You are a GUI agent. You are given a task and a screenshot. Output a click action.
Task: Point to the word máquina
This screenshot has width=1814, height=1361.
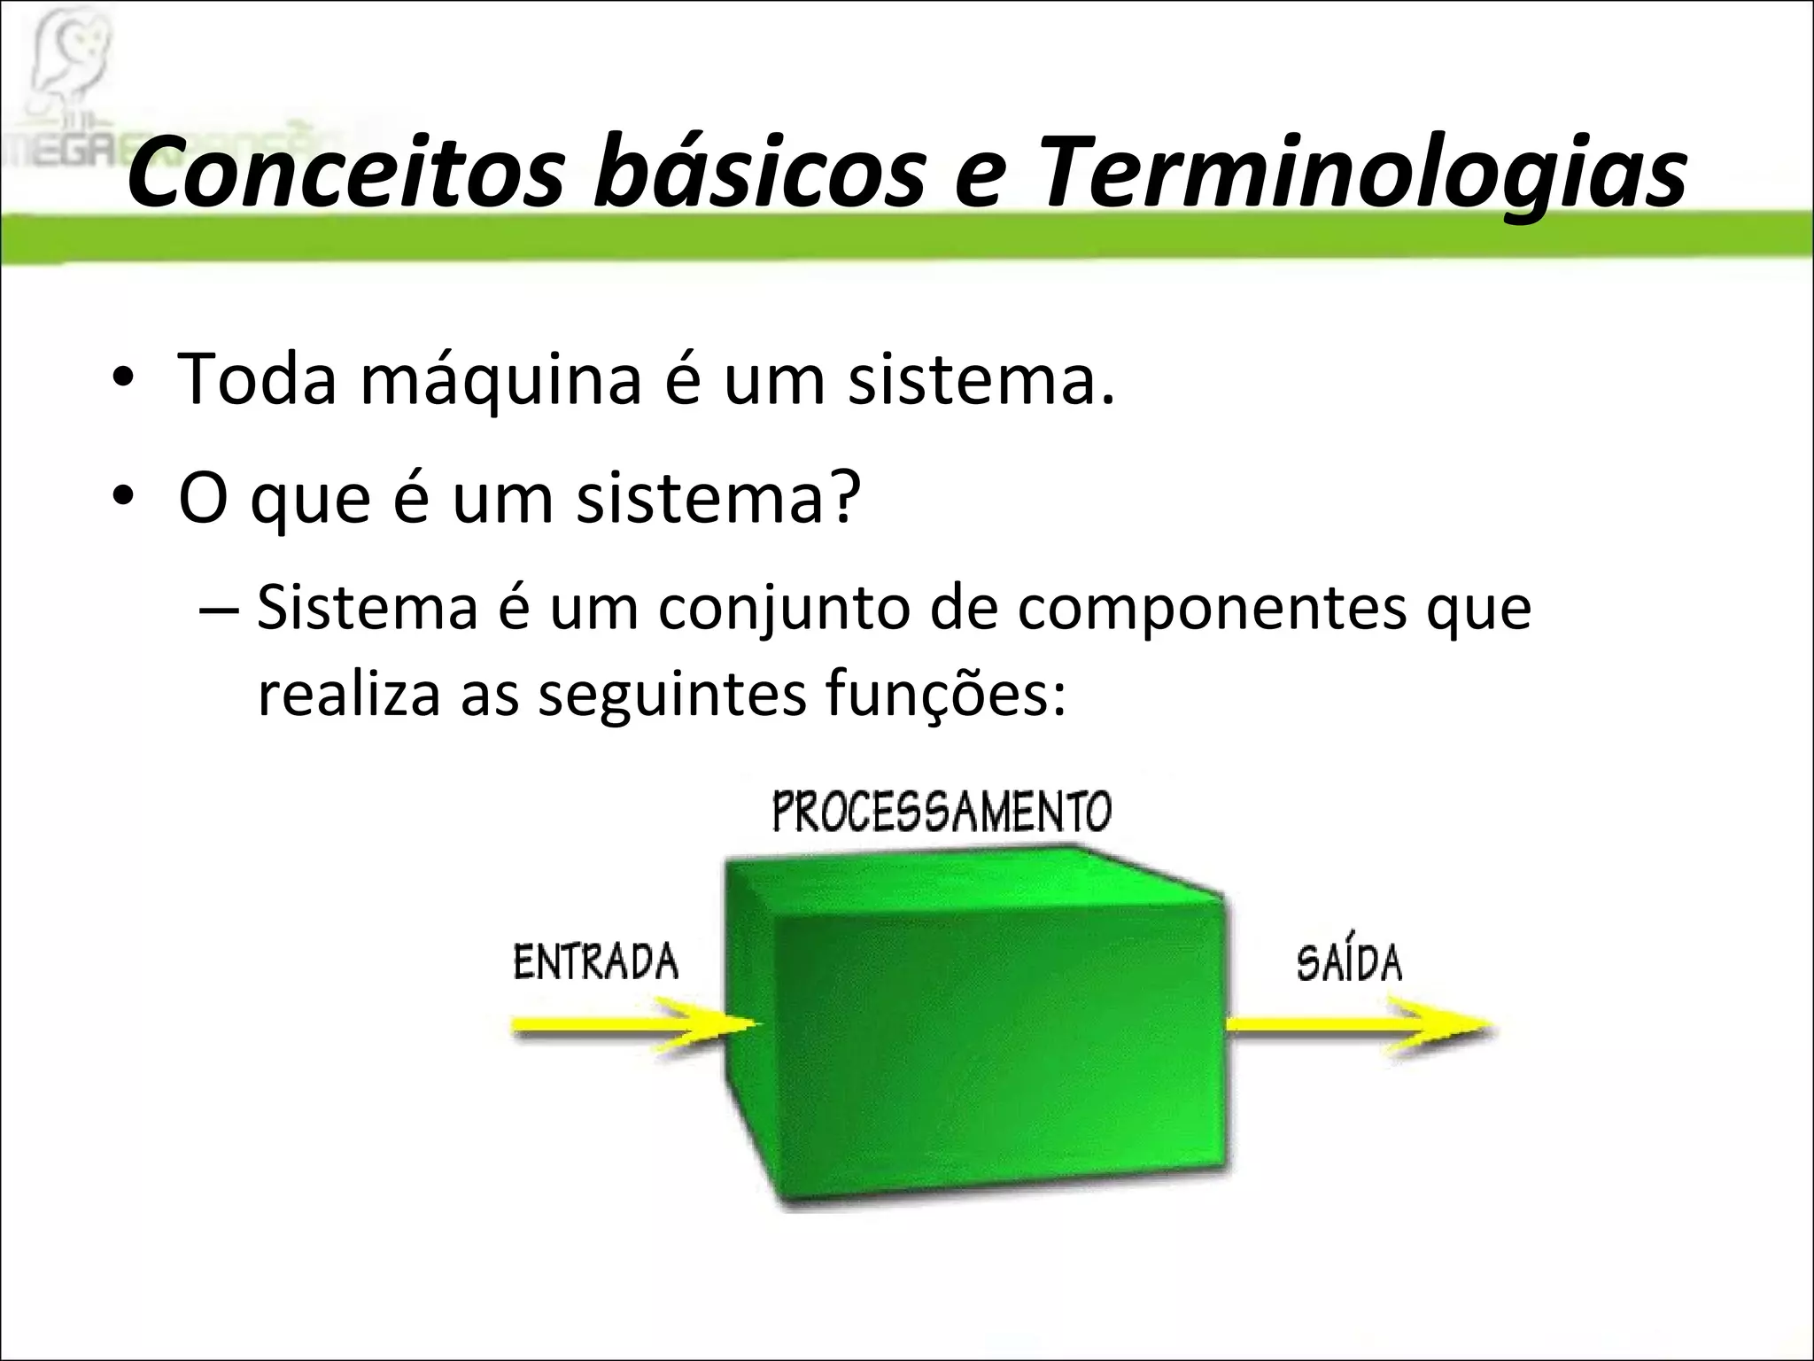pyautogui.click(x=500, y=381)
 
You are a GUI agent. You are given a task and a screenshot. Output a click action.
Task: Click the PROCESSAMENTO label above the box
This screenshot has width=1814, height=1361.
pyautogui.click(x=941, y=812)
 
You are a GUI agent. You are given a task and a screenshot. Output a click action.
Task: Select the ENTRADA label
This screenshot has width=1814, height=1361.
pyautogui.click(x=595, y=962)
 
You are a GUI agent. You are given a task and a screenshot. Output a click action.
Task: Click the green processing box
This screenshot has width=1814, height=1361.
pyautogui.click(x=974, y=1028)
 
